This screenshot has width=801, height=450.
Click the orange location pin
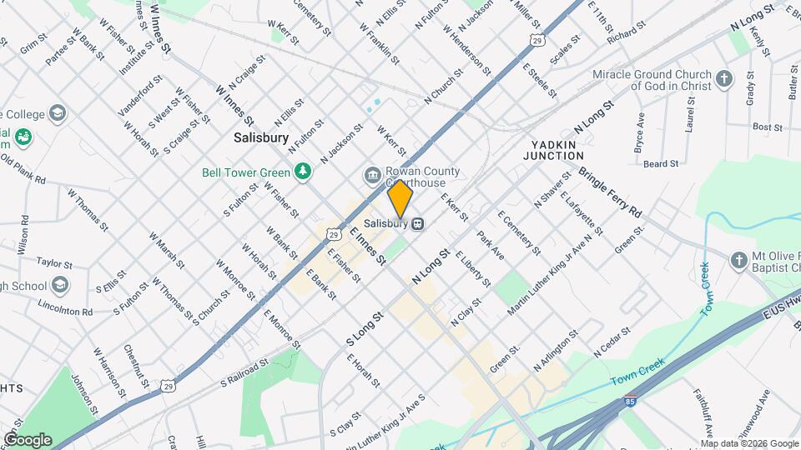pos(400,198)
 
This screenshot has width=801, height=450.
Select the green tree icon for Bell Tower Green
pos(305,172)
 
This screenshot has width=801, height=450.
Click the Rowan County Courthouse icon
pos(371,175)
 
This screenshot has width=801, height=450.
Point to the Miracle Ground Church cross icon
pos(724,80)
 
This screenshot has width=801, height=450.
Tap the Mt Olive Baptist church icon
pos(738,262)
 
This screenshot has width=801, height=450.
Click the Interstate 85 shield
pos(632,402)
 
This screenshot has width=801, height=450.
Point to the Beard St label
pos(661,164)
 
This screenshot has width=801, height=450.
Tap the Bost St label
pos(767,127)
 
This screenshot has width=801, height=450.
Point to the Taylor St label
pos(55,262)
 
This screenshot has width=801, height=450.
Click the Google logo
pos(28,439)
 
